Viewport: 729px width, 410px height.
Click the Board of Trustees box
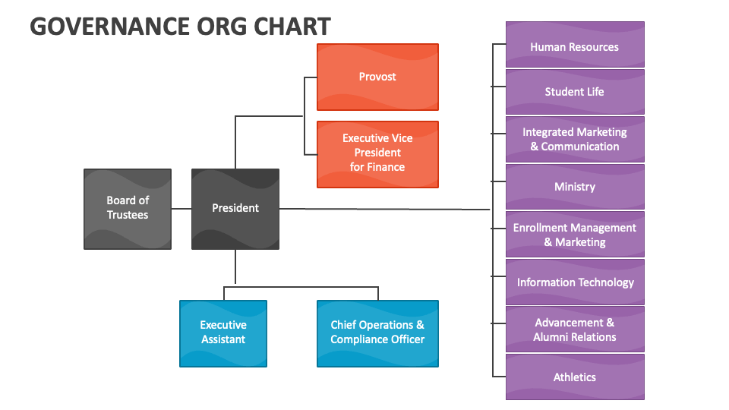click(128, 209)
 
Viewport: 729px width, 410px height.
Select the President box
click(235, 209)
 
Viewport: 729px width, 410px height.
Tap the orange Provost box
click(377, 77)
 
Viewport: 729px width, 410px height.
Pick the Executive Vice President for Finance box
click(377, 154)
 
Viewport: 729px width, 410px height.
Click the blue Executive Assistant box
click(223, 333)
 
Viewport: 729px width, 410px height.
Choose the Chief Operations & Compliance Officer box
click(377, 333)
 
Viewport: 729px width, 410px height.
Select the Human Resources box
click(575, 46)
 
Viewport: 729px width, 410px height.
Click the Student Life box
click(575, 92)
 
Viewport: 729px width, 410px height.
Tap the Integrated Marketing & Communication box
click(575, 139)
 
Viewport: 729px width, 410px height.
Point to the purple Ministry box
click(575, 187)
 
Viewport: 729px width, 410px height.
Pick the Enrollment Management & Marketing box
click(575, 235)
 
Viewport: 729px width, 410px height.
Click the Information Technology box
click(575, 282)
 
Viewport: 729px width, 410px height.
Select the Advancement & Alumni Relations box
click(575, 330)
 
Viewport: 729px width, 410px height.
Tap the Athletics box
click(575, 377)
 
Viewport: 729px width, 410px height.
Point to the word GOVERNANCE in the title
click(109, 27)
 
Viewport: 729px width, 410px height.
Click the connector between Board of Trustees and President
click(181, 209)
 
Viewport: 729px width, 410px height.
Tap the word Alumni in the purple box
click(552, 337)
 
